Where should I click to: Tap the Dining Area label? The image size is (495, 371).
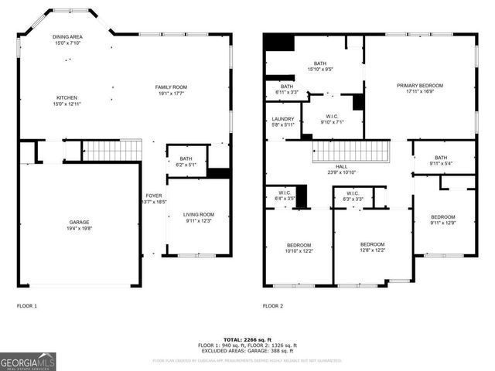pos(68,40)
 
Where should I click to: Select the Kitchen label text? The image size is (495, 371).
pos(68,101)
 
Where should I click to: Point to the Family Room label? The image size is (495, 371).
pos(172,90)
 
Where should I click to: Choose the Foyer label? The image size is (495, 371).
pos(154,199)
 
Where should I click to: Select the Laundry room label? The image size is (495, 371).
pos(283,122)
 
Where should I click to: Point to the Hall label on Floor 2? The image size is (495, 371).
pos(341,169)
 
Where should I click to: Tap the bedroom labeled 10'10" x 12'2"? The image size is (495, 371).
pos(299,248)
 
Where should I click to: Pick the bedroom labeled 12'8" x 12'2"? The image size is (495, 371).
pos(372,247)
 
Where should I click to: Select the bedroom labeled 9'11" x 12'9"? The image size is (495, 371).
pos(442,220)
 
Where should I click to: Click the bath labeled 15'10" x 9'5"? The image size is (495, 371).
pos(319,66)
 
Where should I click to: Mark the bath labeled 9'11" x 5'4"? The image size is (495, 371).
pos(441,160)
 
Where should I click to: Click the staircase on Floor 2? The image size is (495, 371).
pos(349,151)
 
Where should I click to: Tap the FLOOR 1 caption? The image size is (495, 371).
pos(27,306)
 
